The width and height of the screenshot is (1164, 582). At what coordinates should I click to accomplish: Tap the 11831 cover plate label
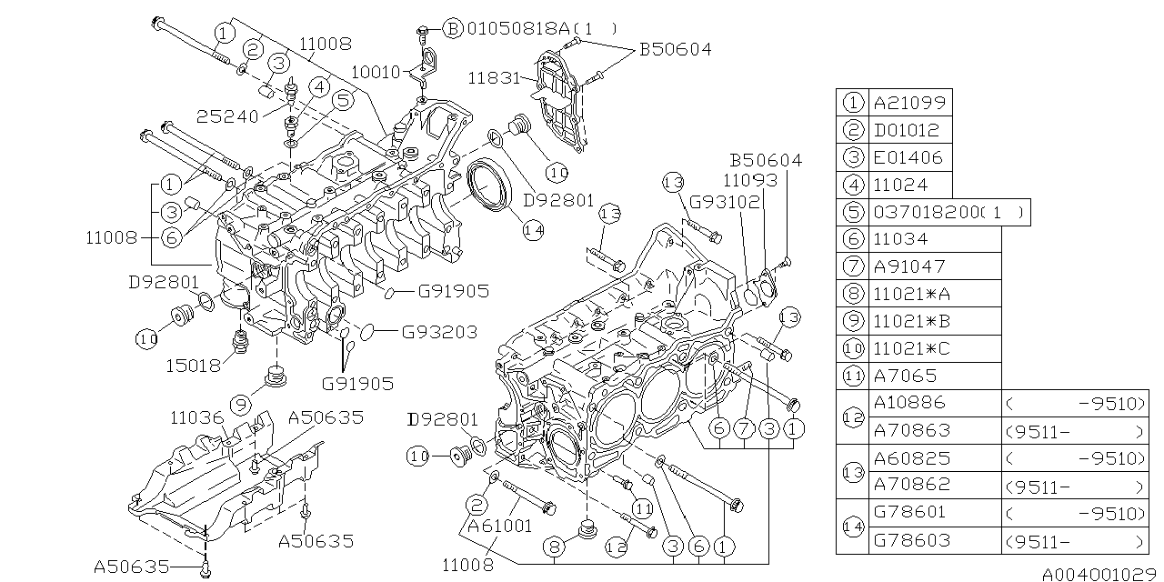tap(496, 77)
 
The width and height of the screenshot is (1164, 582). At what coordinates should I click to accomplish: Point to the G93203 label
tap(440, 333)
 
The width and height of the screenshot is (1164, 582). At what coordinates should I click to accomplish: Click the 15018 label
tap(194, 366)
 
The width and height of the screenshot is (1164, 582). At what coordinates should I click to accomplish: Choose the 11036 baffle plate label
tap(197, 418)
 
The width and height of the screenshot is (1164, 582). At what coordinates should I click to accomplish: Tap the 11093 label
tap(751, 181)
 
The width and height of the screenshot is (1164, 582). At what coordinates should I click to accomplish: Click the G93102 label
tap(724, 202)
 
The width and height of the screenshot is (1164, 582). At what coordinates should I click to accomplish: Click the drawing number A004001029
tap(1100, 574)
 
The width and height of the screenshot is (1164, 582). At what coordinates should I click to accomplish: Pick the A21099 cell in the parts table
tap(909, 103)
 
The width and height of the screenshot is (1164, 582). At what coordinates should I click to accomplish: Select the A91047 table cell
tap(909, 266)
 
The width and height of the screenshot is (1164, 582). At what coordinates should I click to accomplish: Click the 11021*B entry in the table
tap(911, 321)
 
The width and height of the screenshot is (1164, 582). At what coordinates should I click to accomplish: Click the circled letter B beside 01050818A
tap(453, 29)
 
